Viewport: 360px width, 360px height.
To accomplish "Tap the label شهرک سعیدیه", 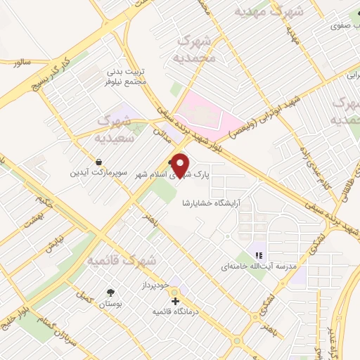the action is point(115,129).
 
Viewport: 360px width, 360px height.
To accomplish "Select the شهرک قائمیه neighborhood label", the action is point(121,261).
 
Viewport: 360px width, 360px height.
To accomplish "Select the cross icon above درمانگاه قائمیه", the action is point(175,301).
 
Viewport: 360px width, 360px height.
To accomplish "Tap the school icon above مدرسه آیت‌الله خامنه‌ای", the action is point(259,255).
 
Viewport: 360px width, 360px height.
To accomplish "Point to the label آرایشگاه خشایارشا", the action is point(212,202).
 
